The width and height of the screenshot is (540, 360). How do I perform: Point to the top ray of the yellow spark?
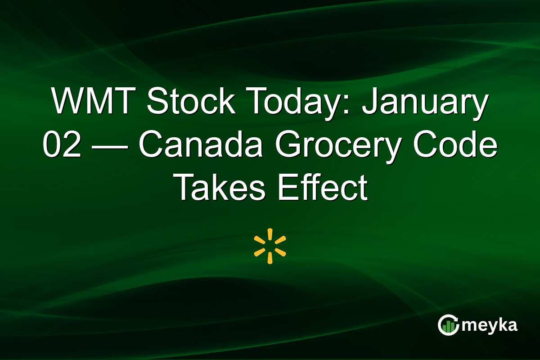(x=270, y=234)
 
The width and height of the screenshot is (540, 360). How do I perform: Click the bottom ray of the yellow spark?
(x=270, y=258)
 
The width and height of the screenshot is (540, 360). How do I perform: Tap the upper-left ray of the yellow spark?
(x=260, y=240)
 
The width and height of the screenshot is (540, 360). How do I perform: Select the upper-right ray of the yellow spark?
(x=280, y=240)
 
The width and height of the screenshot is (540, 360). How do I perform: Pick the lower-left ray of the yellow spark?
(x=260, y=252)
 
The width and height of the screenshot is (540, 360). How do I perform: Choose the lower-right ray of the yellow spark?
(x=280, y=252)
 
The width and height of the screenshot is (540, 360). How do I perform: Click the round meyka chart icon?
(x=448, y=325)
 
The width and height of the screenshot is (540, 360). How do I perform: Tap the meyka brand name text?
(x=490, y=325)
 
